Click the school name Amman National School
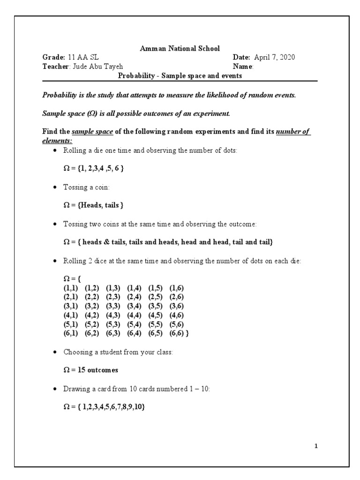click(x=180, y=48)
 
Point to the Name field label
click(x=243, y=66)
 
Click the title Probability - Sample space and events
click(x=180, y=75)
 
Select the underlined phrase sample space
click(x=93, y=131)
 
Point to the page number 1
click(x=316, y=446)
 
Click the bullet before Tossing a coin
click(x=56, y=187)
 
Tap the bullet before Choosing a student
click(x=56, y=352)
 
